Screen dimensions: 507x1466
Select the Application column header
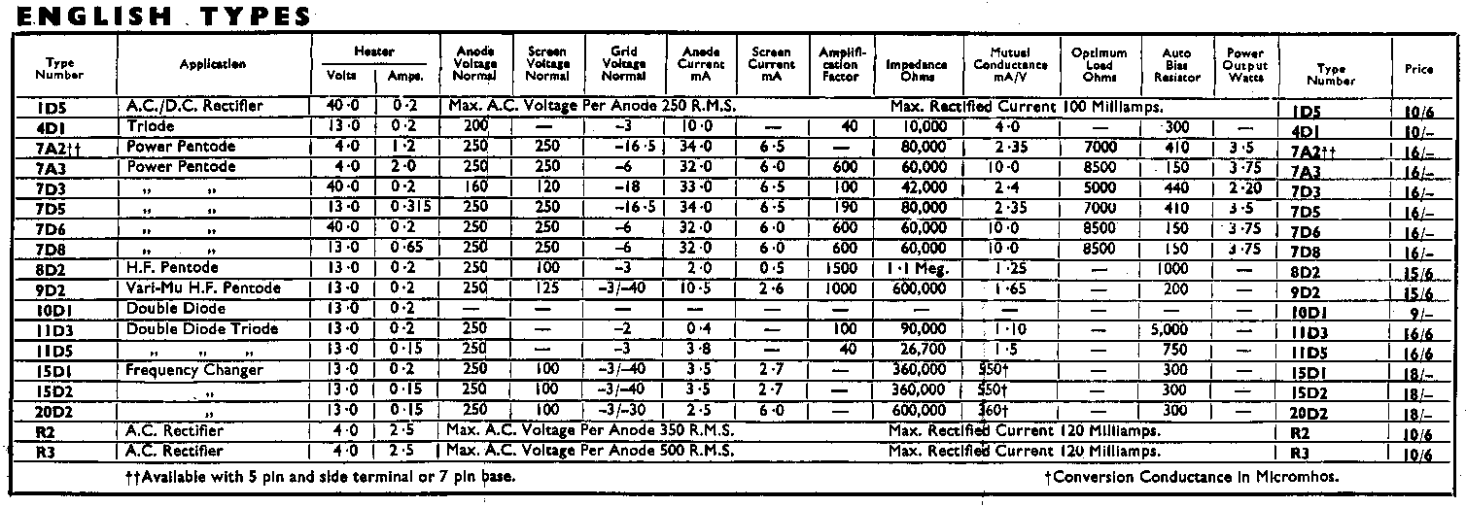[x=212, y=64]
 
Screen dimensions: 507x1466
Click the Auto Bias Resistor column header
[x=1170, y=64]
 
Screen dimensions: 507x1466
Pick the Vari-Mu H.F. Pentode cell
[x=203, y=287]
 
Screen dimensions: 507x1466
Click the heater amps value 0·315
[x=408, y=207]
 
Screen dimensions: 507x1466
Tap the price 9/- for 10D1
[x=1420, y=315]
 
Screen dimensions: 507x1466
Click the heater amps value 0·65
[x=408, y=248]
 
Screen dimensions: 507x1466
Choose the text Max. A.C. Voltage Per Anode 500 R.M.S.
[x=591, y=452]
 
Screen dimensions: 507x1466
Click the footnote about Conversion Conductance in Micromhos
[x=1191, y=477]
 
